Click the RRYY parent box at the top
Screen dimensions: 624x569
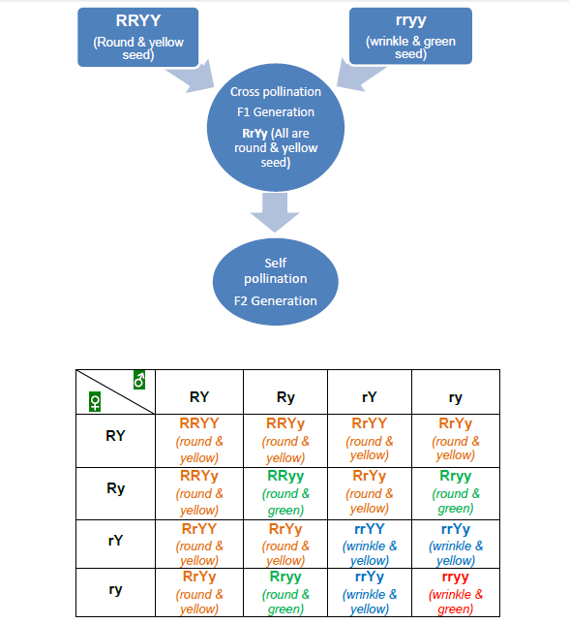pos(137,38)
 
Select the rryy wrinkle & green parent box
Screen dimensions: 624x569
pos(410,38)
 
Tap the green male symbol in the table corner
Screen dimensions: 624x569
pos(139,381)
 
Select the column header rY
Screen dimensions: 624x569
pos(370,397)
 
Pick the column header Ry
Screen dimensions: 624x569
pos(285,397)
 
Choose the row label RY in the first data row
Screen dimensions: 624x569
pos(115,436)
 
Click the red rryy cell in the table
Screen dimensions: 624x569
pos(454,590)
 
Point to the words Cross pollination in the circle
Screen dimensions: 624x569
pos(275,92)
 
